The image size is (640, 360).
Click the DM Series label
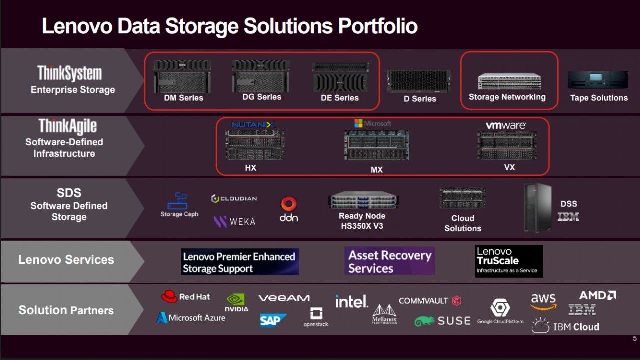pos(183,98)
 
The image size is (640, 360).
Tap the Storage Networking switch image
pos(507,81)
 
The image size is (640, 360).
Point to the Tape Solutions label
pos(599,98)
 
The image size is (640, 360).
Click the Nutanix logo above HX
pos(253,124)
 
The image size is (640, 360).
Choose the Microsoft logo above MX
pos(373,123)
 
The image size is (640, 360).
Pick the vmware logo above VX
pos(506,125)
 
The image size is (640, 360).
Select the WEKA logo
pos(234,221)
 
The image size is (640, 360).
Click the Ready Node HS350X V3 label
pos(362,221)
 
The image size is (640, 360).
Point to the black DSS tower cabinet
pos(537,207)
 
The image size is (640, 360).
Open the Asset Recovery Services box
pos(389,261)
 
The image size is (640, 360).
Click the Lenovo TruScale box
pos(508,261)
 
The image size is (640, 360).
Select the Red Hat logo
pos(186,297)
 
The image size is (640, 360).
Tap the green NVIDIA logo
pos(236,302)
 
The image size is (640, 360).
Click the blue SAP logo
pos(273,320)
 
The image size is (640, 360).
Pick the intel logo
pos(351,301)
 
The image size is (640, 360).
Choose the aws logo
pos(543,301)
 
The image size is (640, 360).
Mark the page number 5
pos(635,339)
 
